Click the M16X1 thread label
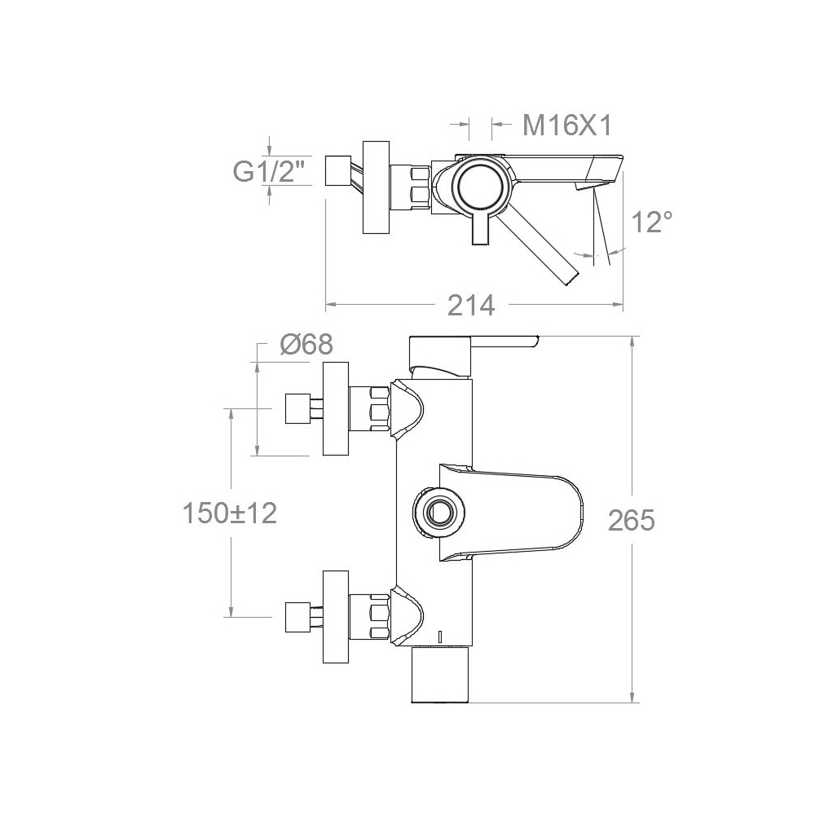click(567, 126)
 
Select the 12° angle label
click(652, 222)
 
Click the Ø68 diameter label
click(306, 344)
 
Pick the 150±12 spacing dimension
click(230, 513)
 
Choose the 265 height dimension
click(632, 520)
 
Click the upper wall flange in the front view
click(336, 409)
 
